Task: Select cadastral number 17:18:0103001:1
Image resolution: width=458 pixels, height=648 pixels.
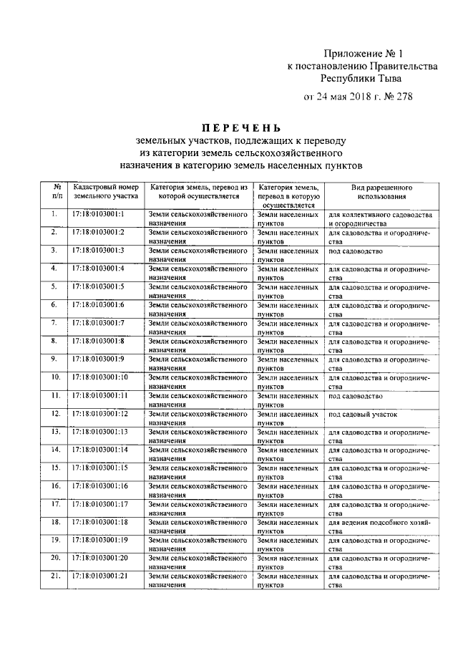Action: (x=99, y=214)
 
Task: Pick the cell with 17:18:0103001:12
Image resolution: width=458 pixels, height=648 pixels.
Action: (x=100, y=414)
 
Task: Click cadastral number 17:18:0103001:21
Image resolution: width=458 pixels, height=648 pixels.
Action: (x=100, y=576)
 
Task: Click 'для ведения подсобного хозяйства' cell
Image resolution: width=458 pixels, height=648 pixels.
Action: (x=380, y=526)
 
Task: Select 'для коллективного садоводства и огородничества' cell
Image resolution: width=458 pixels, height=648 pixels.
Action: (x=380, y=218)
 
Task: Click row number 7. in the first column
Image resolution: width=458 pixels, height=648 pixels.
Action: (x=54, y=322)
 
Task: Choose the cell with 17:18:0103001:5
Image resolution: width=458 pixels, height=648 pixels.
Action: (x=99, y=286)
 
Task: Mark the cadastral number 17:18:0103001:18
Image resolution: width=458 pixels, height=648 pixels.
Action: (x=100, y=522)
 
